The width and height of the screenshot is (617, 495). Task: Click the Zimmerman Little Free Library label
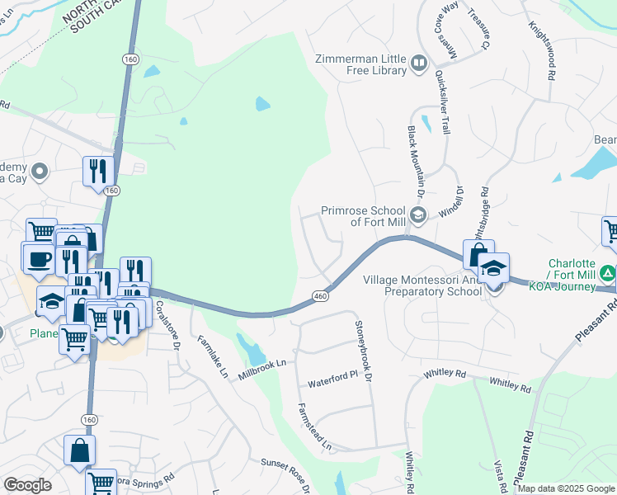360,64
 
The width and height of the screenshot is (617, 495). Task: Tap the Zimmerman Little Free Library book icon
419,64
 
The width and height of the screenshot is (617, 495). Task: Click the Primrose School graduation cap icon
418,216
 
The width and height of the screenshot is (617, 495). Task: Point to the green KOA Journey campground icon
608,272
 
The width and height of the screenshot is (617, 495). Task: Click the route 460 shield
321,295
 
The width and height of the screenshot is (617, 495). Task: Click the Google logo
27,484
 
